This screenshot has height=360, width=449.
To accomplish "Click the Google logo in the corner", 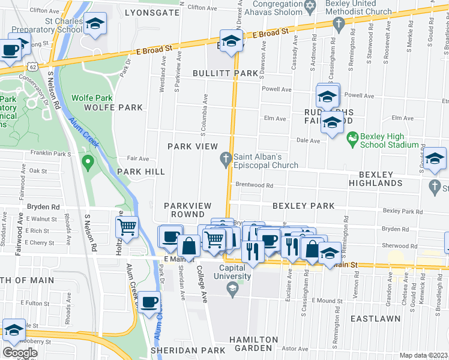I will pos(20,353).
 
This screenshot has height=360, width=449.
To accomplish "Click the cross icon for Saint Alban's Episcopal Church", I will pos(226,158).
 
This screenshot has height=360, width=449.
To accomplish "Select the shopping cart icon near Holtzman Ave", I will pos(127,227).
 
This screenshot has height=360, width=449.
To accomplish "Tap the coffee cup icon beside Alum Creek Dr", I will pos(148,301).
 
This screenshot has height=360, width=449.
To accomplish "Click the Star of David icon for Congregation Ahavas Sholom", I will pos(310,7).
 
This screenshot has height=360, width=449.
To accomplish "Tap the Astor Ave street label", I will pos(294,349).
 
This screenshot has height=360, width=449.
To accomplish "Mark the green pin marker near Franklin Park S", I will pos(88,161).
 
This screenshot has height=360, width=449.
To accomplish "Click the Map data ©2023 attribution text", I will pos(423,355).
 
